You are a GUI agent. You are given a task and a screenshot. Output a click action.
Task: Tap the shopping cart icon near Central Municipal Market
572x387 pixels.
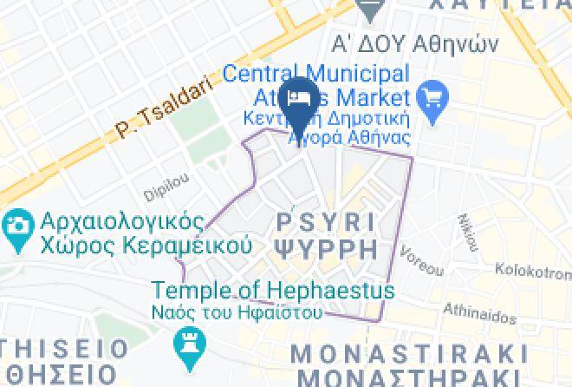tap(431, 96)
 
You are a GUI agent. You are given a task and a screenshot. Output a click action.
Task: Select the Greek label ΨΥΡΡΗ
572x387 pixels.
tap(326, 249)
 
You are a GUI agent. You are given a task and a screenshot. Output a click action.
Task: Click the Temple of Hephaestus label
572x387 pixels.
tap(274, 291)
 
